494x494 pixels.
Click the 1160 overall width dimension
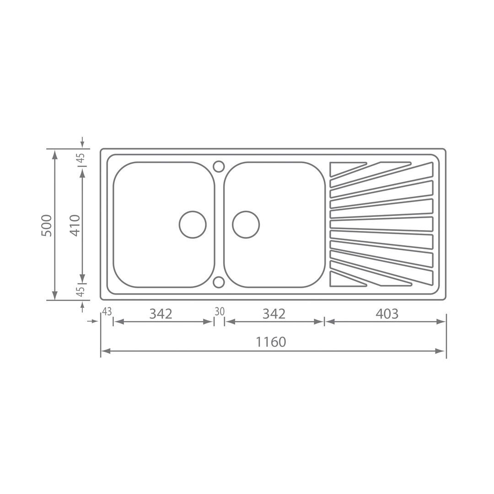click(271, 342)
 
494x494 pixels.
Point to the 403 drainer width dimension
click(387, 313)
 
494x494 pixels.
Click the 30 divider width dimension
click(220, 311)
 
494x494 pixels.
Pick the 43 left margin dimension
click(107, 311)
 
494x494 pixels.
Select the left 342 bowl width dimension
click(161, 313)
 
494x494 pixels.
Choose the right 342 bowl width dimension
click(274, 313)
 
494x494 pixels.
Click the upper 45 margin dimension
click(81, 157)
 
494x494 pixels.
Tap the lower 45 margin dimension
click(81, 291)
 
